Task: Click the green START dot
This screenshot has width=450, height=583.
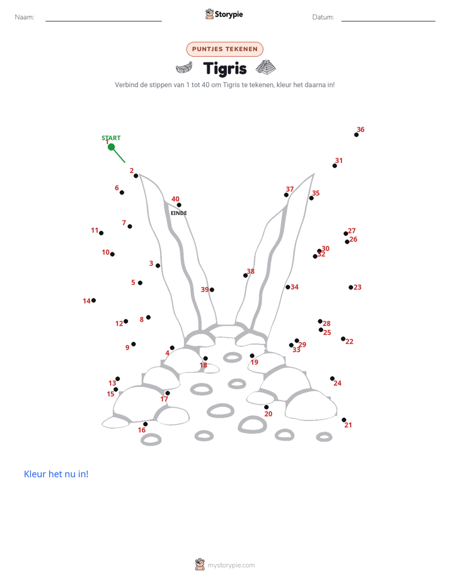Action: pyautogui.click(x=111, y=147)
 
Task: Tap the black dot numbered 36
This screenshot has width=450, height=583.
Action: pyautogui.click(x=357, y=134)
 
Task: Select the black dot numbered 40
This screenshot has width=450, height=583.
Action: pyautogui.click(x=179, y=205)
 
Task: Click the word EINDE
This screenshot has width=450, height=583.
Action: pyautogui.click(x=178, y=213)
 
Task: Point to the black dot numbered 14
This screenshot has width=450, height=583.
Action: pyautogui.click(x=93, y=300)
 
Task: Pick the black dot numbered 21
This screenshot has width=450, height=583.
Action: pyautogui.click(x=344, y=420)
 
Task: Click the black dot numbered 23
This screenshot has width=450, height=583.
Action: pyautogui.click(x=351, y=288)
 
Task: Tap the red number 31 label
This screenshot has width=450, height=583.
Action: pyautogui.click(x=339, y=161)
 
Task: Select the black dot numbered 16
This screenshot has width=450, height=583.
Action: pyautogui.click(x=146, y=424)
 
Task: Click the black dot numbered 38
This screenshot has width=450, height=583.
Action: pyautogui.click(x=245, y=276)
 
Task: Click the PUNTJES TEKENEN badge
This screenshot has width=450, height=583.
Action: pyautogui.click(x=224, y=49)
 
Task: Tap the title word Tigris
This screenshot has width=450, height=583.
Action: pyautogui.click(x=225, y=69)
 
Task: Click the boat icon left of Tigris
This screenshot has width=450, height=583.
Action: pyautogui.click(x=184, y=68)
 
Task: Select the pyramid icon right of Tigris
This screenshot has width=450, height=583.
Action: pyautogui.click(x=266, y=68)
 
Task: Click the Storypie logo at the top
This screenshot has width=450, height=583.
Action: pyautogui.click(x=224, y=14)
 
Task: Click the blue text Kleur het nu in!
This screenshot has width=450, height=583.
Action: pyautogui.click(x=56, y=474)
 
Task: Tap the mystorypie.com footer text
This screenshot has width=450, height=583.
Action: pyautogui.click(x=231, y=565)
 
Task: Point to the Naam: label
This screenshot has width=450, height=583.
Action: pyautogui.click(x=25, y=17)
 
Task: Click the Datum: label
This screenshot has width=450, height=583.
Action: pyautogui.click(x=323, y=17)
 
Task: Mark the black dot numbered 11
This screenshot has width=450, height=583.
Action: pyautogui.click(x=101, y=233)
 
